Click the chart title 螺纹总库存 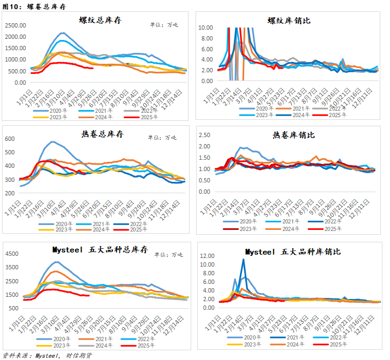[x=102, y=20]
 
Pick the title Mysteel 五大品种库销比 [x=293, y=252]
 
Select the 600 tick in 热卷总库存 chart [x=11, y=139]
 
